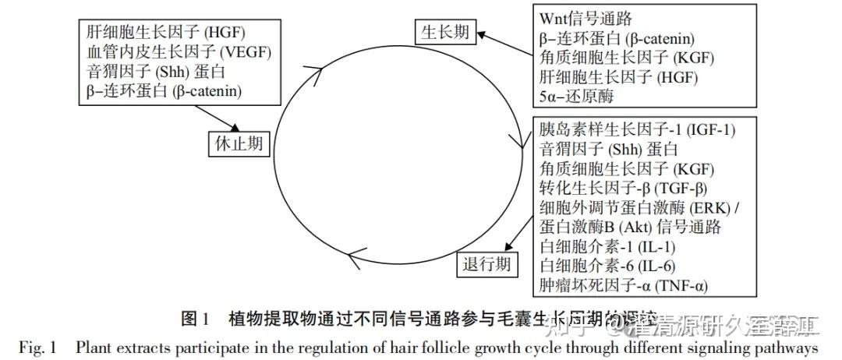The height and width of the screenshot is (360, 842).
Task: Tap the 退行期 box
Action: pyautogui.click(x=486, y=263)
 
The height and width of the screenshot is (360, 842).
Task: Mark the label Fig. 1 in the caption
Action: pyautogui.click(x=38, y=348)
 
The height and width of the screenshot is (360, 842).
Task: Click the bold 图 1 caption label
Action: pyautogui.click(x=195, y=319)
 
